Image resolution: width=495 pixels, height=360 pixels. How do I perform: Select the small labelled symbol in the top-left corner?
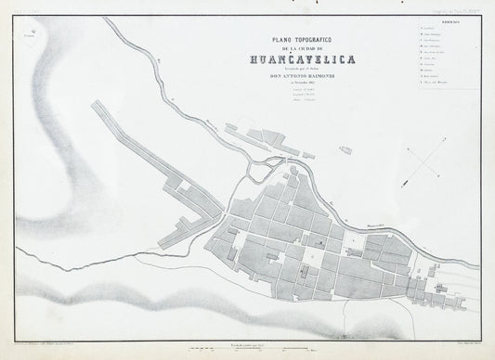click(x=33, y=36)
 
